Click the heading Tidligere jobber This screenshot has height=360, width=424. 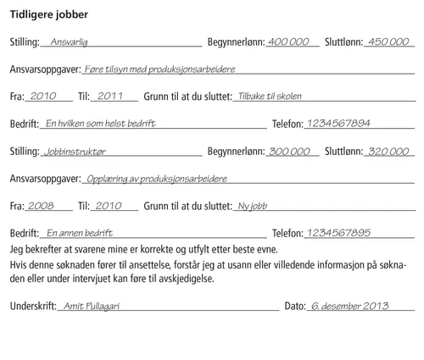(47, 14)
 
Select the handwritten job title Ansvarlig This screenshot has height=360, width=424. (69, 42)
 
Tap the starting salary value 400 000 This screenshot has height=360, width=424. (287, 42)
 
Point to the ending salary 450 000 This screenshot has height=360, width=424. (389, 42)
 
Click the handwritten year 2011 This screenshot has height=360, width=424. (111, 96)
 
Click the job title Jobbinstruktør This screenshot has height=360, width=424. (79, 151)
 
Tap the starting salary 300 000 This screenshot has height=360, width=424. (289, 151)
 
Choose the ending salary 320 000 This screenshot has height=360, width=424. (389, 151)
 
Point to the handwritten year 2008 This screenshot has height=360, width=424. (40, 205)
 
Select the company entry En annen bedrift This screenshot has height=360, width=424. (80, 232)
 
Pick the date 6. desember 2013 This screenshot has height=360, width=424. (349, 306)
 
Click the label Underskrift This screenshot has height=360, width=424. (31, 307)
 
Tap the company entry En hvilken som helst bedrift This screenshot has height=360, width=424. (101, 124)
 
